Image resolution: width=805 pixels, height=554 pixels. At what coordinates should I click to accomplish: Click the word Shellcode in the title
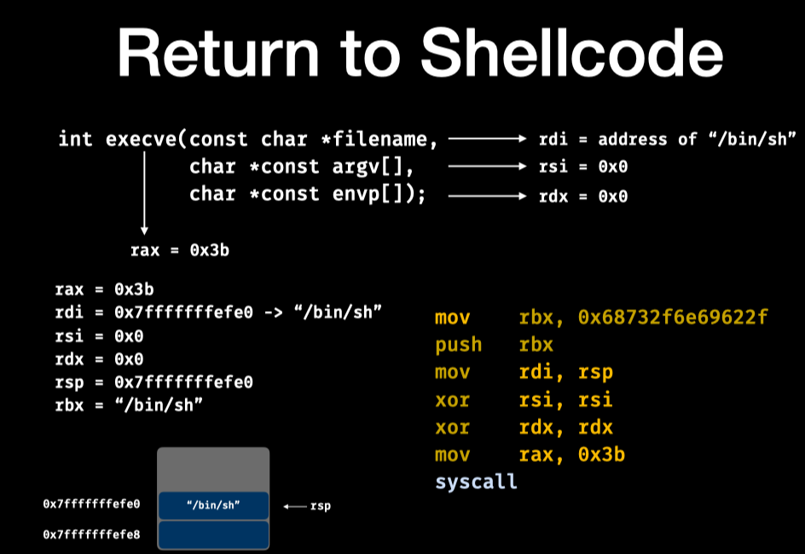[573, 53]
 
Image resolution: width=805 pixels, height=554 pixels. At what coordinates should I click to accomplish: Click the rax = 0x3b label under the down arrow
[179, 251]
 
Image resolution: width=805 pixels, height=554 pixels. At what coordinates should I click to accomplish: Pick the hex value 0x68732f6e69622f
[673, 318]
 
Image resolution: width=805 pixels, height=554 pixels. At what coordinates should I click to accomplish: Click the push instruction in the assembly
[458, 345]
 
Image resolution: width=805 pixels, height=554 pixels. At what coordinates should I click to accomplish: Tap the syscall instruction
[476, 482]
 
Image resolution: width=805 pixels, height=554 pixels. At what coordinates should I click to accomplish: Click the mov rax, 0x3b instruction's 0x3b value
[601, 454]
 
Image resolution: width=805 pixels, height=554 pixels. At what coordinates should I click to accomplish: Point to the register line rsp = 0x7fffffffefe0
[153, 382]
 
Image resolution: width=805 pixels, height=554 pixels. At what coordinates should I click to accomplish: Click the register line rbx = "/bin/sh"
[128, 404]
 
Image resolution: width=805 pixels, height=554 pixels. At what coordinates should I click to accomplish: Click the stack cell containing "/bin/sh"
[213, 505]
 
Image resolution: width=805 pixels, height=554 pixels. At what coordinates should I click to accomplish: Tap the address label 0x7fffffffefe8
[91, 534]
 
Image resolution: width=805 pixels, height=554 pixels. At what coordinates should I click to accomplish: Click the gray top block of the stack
[213, 469]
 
